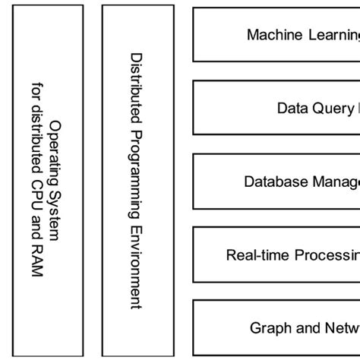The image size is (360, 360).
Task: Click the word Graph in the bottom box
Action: tap(267, 328)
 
